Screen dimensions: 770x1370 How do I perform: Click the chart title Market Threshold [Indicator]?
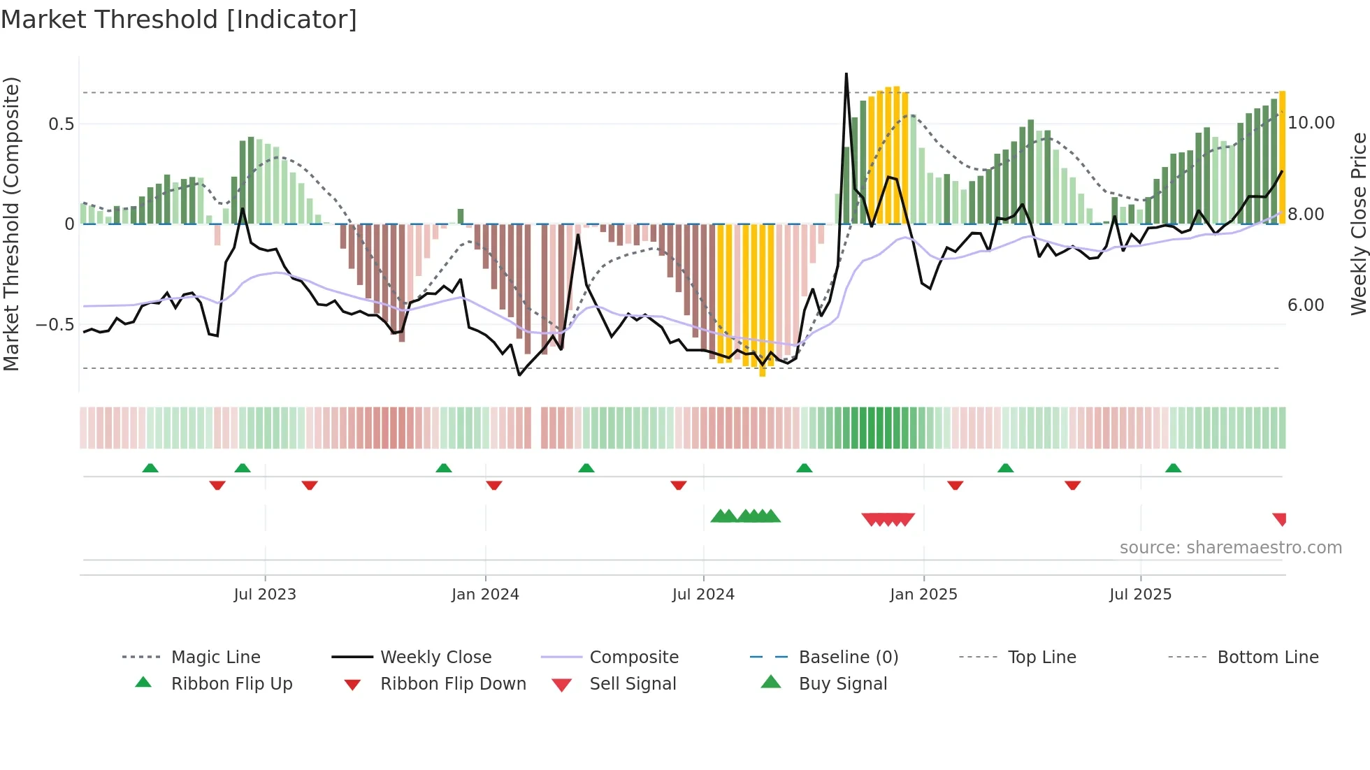179,20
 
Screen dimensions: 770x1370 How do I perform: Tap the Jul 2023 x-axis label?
265,595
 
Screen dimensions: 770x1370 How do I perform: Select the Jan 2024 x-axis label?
485,595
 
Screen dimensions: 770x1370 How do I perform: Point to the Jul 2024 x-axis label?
703,595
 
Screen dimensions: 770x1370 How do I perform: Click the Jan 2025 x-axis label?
923,595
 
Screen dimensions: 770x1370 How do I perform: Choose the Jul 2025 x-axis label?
1140,595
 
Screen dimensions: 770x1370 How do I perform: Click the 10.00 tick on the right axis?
1311,123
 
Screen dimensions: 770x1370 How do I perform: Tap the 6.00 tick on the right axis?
1306,305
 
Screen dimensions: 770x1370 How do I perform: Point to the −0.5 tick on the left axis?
55,325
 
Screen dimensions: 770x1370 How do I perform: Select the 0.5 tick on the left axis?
62,124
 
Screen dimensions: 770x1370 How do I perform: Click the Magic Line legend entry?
215,658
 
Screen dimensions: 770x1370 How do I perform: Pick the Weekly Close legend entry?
435,658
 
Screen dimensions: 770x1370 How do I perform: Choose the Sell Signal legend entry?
633,684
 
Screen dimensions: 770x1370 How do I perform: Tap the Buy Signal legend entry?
842,684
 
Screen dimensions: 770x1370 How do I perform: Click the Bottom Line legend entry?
1267,658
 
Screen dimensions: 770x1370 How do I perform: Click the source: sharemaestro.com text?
1230,548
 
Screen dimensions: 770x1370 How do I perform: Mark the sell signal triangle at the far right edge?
1280,519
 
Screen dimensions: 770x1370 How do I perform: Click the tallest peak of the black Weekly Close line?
846,74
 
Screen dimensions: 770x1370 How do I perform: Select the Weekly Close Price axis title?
1358,224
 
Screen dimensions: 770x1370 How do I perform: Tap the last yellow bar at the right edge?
1283,157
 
